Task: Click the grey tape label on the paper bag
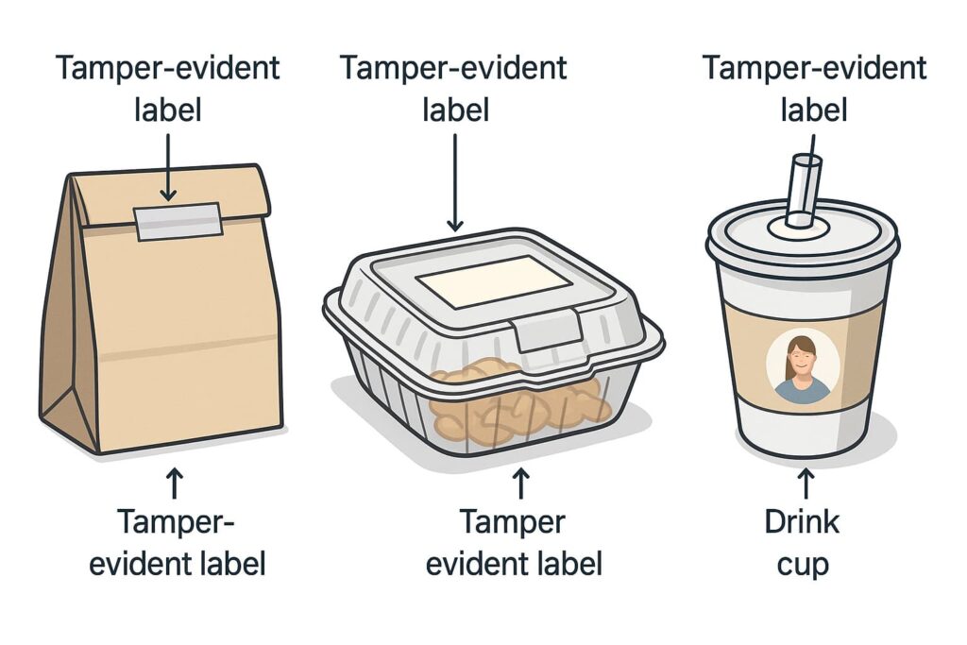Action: (x=178, y=221)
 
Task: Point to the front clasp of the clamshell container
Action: (x=547, y=330)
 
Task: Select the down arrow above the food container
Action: (x=454, y=182)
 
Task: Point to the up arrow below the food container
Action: (x=520, y=484)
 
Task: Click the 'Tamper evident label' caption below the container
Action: (x=515, y=543)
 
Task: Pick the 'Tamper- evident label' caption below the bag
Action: (x=178, y=543)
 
